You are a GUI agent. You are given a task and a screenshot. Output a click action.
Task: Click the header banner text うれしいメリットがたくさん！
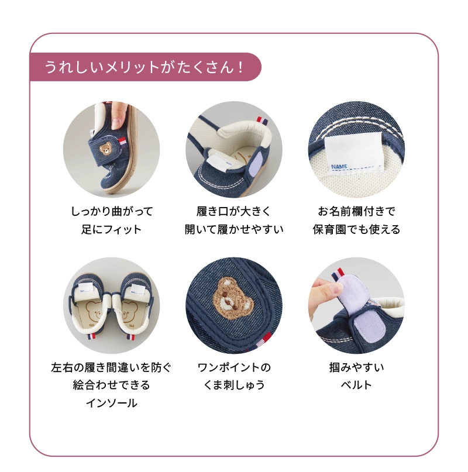coord(143,67)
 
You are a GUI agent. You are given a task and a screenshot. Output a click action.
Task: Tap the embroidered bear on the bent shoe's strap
coord(105,149)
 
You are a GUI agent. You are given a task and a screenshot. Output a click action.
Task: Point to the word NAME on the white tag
coord(339,167)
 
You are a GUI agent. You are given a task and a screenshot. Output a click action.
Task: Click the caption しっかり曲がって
coord(112,211)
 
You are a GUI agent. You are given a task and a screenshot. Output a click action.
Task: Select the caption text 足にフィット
coord(111,229)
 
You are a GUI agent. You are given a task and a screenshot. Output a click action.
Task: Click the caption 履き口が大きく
coord(233,211)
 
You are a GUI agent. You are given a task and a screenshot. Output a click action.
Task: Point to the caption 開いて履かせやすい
coord(234,229)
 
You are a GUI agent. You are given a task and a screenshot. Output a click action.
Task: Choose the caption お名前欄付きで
coord(356,211)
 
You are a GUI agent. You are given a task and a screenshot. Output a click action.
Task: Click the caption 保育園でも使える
coord(356,229)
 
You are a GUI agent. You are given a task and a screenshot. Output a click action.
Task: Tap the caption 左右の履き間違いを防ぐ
coord(111,367)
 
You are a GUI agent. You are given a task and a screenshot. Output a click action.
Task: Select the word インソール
coord(112,403)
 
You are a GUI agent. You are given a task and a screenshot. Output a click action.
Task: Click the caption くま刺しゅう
coord(234,385)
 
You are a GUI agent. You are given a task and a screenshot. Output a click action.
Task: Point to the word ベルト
coord(356,385)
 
